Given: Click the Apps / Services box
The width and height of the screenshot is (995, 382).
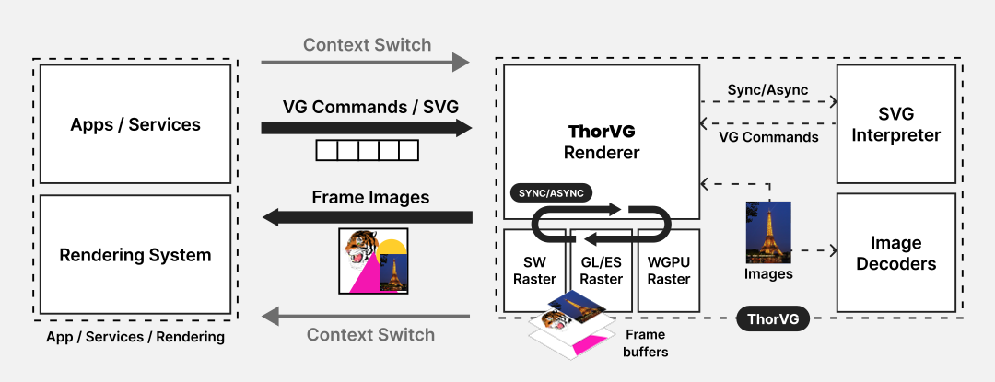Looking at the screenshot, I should [135, 124].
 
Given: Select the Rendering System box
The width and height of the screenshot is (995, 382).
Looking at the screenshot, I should [135, 255].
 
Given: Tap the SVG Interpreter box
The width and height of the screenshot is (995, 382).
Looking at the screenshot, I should [895, 124].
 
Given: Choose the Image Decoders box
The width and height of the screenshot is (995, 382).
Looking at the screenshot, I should [895, 253].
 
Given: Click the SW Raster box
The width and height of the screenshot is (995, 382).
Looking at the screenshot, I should [533, 270].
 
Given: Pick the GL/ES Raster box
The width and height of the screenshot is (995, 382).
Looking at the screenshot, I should [601, 270].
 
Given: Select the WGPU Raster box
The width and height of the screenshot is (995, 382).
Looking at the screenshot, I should [668, 270].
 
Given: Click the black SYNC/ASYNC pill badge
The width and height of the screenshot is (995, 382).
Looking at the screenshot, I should [551, 193].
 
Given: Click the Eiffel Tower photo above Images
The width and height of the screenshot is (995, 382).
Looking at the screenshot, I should [768, 232].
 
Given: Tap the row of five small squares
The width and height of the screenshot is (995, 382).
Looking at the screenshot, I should [367, 150].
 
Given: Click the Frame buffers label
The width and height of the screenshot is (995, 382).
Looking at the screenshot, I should [646, 342].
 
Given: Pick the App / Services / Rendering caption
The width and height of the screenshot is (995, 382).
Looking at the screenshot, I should [135, 337].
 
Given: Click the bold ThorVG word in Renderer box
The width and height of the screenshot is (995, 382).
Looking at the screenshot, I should [601, 132].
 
